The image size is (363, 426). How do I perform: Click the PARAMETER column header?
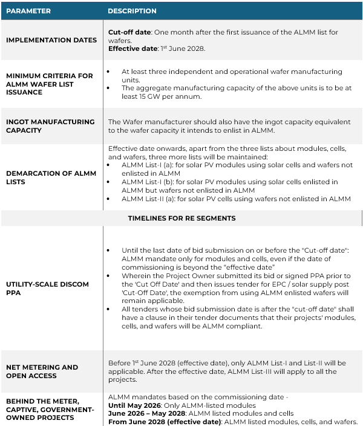click(x=28, y=11)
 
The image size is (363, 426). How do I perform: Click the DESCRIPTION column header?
click(x=132, y=11)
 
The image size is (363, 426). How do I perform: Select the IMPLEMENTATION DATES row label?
click(x=51, y=40)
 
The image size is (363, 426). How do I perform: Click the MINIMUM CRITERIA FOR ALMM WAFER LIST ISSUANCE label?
click(x=50, y=84)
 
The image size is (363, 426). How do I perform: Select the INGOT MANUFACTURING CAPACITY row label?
click(x=50, y=125)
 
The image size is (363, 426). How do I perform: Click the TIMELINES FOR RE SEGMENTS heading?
click(x=181, y=218)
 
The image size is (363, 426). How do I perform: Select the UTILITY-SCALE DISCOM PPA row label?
click(x=47, y=288)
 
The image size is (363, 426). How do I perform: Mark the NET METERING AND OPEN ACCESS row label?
click(x=42, y=371)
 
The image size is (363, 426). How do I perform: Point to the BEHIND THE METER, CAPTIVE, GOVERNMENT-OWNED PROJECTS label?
click(x=50, y=409)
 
